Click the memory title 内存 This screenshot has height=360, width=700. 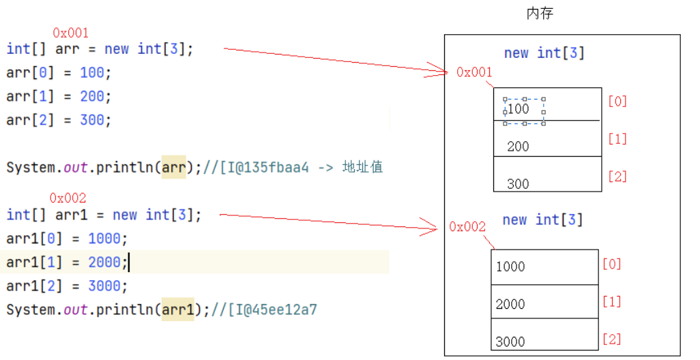[x=540, y=14]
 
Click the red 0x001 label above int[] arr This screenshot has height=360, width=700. [x=70, y=33]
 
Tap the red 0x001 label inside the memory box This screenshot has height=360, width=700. [x=473, y=72]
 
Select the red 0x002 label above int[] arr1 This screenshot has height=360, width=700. [x=68, y=198]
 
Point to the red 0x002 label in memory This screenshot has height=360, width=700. [x=467, y=227]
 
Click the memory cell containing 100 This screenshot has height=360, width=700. [x=547, y=105]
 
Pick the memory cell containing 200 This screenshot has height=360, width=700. [x=547, y=140]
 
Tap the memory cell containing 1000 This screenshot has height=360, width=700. [x=544, y=267]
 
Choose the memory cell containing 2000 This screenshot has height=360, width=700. [x=544, y=301]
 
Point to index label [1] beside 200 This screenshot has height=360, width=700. [x=617, y=139]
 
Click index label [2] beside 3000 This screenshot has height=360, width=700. [x=612, y=339]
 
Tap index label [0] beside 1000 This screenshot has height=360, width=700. [x=612, y=264]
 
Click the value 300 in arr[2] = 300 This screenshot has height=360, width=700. [x=92, y=120]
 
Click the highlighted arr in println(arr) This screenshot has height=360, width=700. [x=173, y=167]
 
